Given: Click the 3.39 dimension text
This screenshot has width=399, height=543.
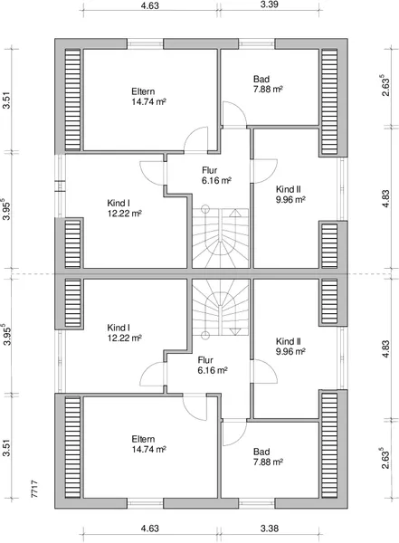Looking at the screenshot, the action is coord(269,5).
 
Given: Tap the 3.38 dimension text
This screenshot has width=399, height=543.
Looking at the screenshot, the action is coord(269,529).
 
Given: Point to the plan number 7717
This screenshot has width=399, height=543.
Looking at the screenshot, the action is coord(34,489).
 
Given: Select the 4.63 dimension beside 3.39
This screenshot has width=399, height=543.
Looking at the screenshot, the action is coord(149,5).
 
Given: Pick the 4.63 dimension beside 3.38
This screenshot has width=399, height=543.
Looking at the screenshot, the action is coord(149,529).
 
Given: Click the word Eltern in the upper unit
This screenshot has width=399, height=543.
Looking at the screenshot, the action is coord(143,91).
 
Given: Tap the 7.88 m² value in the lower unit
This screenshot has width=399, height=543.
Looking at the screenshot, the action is coord(268,462).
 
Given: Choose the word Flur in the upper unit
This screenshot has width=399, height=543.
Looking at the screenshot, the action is coord(210,170).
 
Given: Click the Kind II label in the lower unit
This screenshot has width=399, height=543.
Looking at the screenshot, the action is coord(288,341).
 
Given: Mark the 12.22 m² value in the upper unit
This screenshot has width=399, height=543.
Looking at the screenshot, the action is coord(124,214).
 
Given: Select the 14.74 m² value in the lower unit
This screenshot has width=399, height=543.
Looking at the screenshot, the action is coord(149,450).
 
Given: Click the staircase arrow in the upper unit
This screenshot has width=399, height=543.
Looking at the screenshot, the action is coord(235,213).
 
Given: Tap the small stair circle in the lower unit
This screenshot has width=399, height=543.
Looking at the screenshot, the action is coord(205,335).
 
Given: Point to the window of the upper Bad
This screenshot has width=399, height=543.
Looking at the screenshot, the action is coord(257,43).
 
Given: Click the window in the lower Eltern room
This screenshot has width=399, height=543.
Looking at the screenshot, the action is coord(145,503).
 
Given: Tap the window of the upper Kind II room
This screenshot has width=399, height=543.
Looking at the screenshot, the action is coord(342,189).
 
